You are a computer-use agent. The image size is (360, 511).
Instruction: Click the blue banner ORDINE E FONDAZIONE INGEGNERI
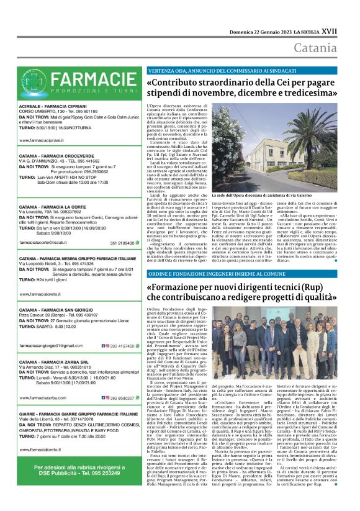click(x=209, y=273)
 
